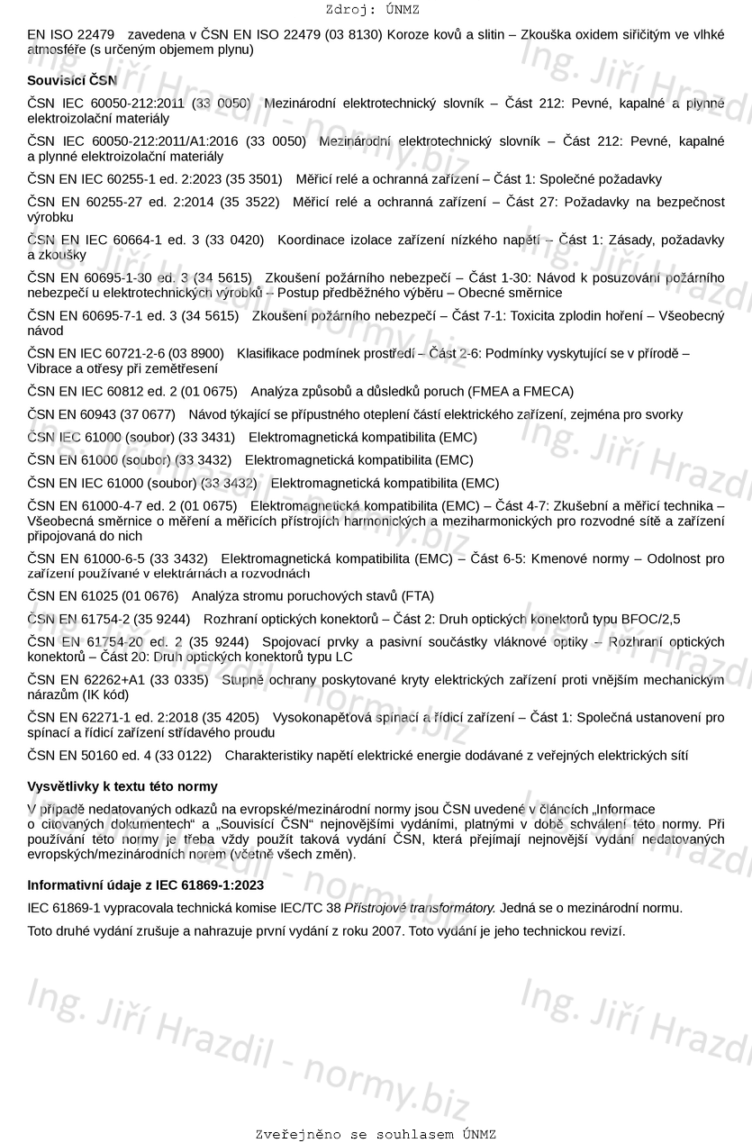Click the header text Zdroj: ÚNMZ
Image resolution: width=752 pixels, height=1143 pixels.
pos(372,10)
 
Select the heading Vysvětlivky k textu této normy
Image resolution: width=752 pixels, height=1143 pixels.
pos(122,786)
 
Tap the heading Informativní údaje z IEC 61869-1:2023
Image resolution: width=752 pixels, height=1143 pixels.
pos(145,885)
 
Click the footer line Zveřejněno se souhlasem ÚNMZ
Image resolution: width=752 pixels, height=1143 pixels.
pos(376,1134)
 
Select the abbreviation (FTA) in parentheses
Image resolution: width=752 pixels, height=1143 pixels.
pos(417,596)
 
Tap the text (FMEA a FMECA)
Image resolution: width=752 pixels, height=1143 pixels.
pos(521,392)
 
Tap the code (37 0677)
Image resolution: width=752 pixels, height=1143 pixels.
pos(147,415)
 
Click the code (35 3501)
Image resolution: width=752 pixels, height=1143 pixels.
pos(251,179)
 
